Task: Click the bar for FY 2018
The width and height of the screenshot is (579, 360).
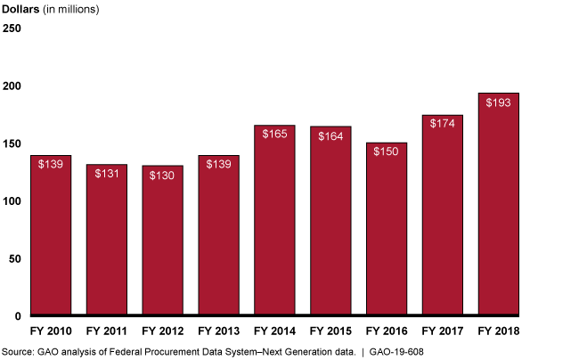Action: click(499, 205)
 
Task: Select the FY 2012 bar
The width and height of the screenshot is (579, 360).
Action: click(162, 241)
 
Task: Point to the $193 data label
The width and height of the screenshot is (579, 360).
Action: click(499, 102)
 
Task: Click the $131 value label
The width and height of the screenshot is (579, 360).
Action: click(106, 173)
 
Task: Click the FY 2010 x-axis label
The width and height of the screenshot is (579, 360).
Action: click(50, 331)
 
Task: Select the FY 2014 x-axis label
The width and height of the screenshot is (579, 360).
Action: click(274, 331)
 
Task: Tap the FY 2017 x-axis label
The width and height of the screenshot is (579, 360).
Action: click(443, 331)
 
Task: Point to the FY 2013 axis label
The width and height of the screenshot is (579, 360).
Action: click(218, 331)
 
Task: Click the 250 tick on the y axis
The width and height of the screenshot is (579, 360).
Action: click(12, 29)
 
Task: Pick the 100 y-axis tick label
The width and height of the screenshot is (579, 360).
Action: click(12, 201)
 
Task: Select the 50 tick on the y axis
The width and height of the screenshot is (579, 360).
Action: click(14, 259)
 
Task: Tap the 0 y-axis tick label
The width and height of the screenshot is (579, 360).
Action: click(17, 316)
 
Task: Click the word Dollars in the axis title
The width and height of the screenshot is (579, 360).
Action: click(22, 9)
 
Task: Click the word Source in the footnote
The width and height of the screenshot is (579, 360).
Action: click(16, 352)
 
